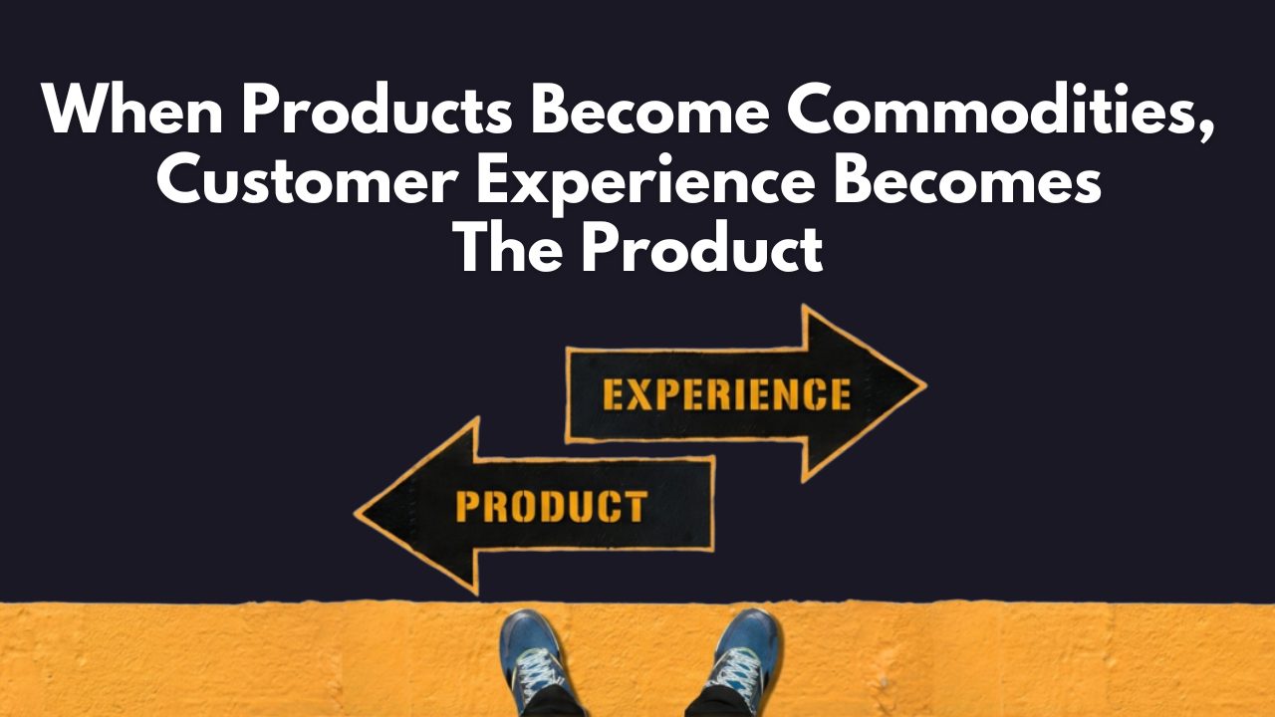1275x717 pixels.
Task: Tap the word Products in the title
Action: pyautogui.click(x=378, y=109)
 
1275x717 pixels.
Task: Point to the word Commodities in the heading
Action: pyautogui.click(x=991, y=109)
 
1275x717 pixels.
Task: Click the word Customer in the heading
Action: pyautogui.click(x=308, y=178)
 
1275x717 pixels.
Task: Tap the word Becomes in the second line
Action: pyautogui.click(x=967, y=178)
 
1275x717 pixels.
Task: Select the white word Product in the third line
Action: pyautogui.click(x=702, y=248)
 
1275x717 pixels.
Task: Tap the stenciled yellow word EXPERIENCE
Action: pyautogui.click(x=727, y=394)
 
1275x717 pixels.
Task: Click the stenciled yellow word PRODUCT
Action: pyautogui.click(x=552, y=506)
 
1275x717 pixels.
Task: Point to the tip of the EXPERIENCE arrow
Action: pyautogui.click(x=925, y=386)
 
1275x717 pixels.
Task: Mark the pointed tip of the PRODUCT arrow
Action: pyautogui.click(x=356, y=512)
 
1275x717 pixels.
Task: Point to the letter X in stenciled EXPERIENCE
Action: pyautogui.click(x=642, y=394)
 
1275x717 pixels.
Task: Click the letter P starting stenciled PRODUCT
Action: pyautogui.click(x=468, y=506)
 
